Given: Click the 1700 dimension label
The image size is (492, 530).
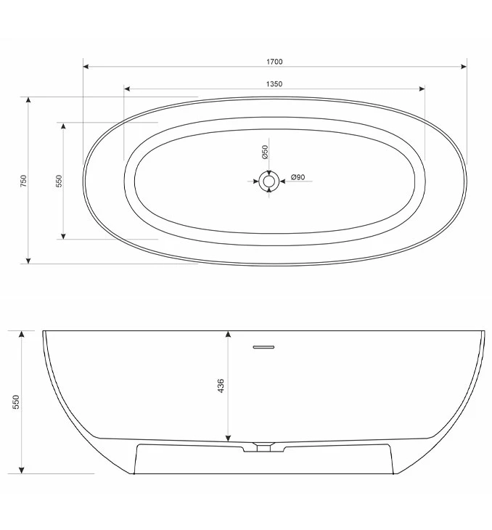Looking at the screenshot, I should tap(274, 62).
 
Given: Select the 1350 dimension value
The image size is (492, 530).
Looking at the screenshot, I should tap(274, 83).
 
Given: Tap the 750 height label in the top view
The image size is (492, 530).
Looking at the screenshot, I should tap(23, 181).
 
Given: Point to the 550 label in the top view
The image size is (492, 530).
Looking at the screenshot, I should tap(59, 181).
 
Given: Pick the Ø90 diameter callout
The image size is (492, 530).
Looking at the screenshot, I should tap(298, 177).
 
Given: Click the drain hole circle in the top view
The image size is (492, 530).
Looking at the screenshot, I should tap(268, 181).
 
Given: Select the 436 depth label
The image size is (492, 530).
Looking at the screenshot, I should tap(221, 386).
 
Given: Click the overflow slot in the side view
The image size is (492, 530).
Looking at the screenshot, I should tap(264, 347).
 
